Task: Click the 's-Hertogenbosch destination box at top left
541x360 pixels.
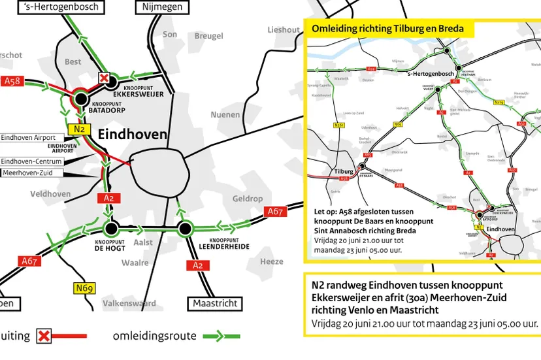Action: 61,7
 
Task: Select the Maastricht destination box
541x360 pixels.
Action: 214,303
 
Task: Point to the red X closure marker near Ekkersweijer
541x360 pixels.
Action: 103,78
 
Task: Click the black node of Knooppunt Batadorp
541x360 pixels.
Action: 81,99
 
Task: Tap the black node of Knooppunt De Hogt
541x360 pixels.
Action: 110,229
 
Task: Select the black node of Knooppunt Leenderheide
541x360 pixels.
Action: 185,229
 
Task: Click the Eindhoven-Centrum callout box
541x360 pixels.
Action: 32,161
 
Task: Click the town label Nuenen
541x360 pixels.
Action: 225,115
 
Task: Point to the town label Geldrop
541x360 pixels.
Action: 248,199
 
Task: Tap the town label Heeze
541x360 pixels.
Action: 272,261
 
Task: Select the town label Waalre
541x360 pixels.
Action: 135,263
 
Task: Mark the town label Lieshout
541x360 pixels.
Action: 284,30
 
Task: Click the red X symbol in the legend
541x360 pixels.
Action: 44,336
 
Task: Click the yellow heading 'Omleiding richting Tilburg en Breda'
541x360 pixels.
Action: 388,29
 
